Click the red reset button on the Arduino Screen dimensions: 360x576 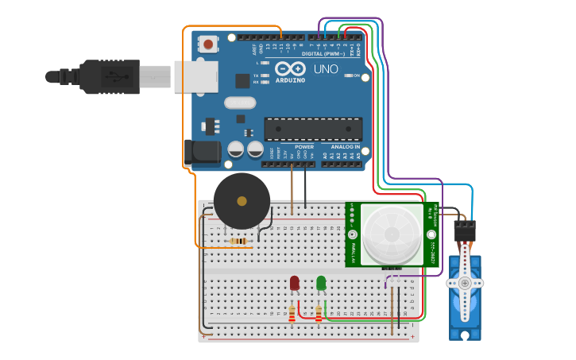(x=208, y=44)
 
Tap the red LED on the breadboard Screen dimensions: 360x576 (x=295, y=283)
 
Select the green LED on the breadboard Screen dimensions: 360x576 (x=321, y=283)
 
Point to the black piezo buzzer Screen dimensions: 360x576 (x=242, y=201)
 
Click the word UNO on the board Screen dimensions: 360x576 (x=326, y=69)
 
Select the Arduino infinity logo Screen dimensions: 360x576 (x=290, y=68)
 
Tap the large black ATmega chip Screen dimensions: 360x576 (x=313, y=129)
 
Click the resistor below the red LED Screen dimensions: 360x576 (x=292, y=315)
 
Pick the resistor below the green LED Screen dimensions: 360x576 (x=319, y=315)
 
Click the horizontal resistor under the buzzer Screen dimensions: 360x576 (x=238, y=241)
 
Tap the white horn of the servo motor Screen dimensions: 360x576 (x=464, y=283)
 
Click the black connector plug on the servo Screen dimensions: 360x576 (x=464, y=230)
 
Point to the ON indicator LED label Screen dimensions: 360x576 (x=358, y=76)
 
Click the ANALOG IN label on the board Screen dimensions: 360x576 (x=346, y=147)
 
